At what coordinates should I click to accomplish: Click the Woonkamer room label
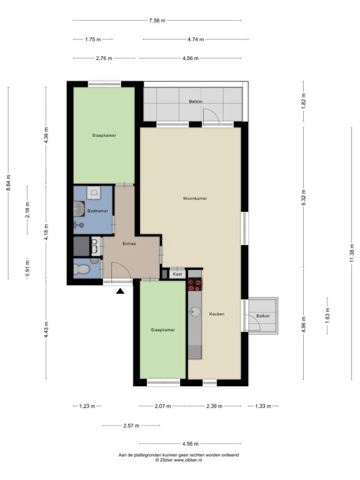pos(195,198)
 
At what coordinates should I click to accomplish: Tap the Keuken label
pos(217,314)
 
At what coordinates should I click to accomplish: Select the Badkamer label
pos(97,211)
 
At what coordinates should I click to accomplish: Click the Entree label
pos(129,244)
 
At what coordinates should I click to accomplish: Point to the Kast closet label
pos(177,274)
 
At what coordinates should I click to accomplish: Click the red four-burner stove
pos(195,284)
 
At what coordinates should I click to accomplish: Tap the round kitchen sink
pos(195,312)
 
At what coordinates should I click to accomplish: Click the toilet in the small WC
pos(81,269)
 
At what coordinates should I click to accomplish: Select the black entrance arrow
pos(120,291)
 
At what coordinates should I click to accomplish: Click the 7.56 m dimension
pos(157,21)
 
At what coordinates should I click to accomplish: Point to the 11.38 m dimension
pos(352,254)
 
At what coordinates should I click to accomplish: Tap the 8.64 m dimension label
pos(8,182)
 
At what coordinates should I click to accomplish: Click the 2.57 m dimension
pos(131,426)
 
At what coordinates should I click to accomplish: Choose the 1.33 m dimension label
pos(263,406)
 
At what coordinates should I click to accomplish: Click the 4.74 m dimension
pos(196,39)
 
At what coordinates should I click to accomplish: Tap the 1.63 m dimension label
pos(327,316)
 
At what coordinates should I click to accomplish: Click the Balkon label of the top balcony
pos(196,101)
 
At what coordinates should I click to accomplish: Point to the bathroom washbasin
pos(79,209)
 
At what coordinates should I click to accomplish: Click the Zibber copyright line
pos(179,460)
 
